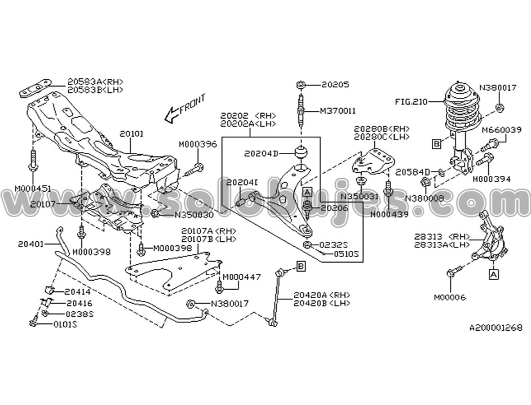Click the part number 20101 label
[x=131, y=134]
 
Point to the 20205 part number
[x=335, y=85]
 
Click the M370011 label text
[x=338, y=111]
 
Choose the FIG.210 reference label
[x=410, y=102]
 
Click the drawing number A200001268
[x=495, y=327]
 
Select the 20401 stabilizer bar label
[x=30, y=244]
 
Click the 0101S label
[x=65, y=324]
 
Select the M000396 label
[x=198, y=144]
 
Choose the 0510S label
[x=345, y=253]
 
